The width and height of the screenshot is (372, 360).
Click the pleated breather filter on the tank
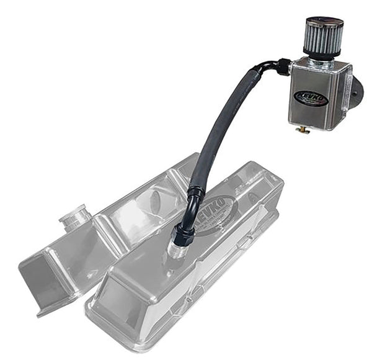click(x=324, y=38)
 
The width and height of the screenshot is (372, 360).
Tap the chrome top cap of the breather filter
click(x=324, y=23)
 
